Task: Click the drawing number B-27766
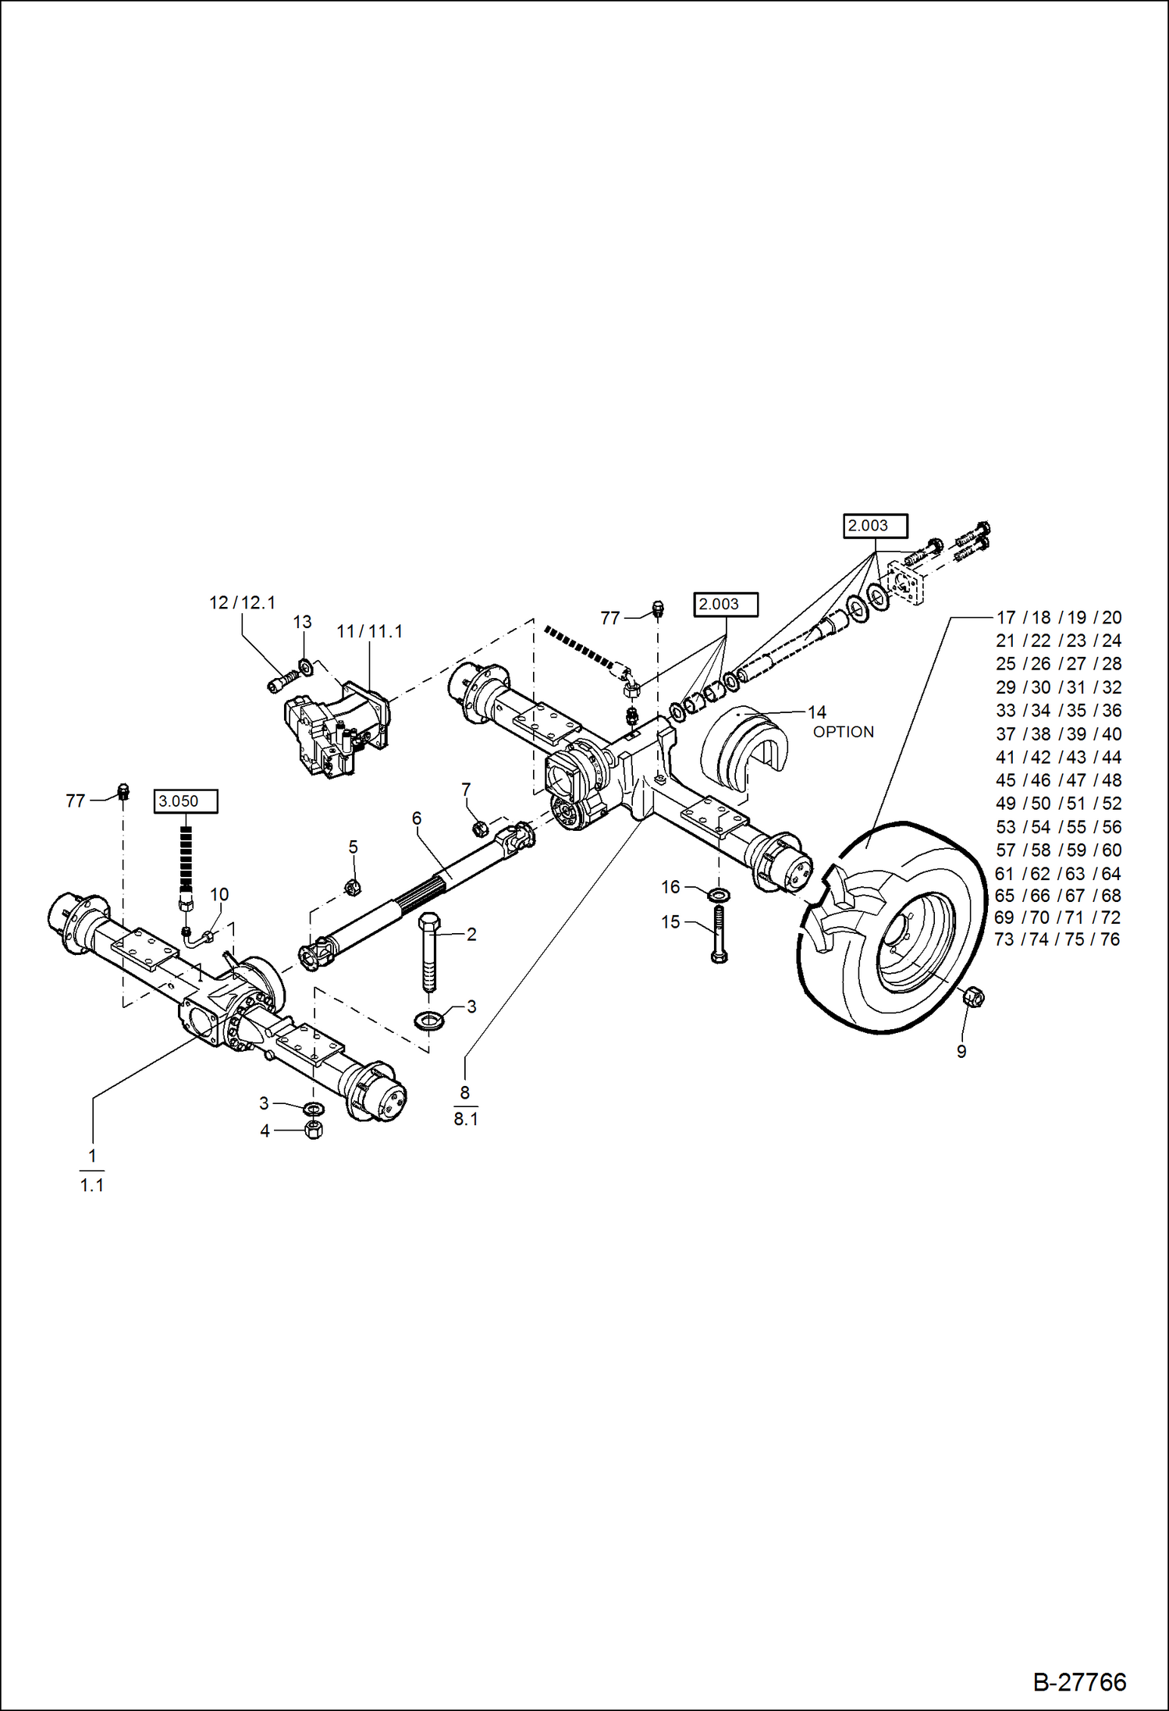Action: coord(1079,1681)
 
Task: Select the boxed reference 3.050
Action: coord(185,801)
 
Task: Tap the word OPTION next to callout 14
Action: coord(843,732)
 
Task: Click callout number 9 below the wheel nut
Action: coord(961,1052)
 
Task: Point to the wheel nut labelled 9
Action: coord(972,996)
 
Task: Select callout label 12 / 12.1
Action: coord(242,602)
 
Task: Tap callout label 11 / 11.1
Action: coord(369,631)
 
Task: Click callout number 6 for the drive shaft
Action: coord(417,818)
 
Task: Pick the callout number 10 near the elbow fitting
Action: coord(219,895)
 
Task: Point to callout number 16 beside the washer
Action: coord(670,887)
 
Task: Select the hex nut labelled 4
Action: coord(314,1130)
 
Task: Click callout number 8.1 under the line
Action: coord(465,1119)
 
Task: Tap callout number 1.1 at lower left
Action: coord(91,1185)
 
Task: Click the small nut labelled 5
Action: coord(352,886)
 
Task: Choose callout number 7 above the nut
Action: coord(466,790)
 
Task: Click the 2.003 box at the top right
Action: coord(875,526)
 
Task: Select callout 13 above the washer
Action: coord(302,622)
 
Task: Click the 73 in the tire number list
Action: coord(1004,939)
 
